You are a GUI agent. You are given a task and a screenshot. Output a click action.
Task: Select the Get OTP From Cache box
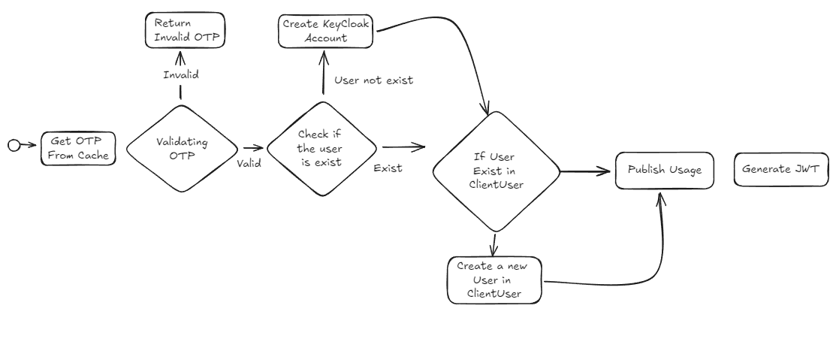78,147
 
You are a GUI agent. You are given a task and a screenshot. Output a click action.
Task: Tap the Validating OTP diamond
180,147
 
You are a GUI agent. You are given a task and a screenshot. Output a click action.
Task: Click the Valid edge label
249,163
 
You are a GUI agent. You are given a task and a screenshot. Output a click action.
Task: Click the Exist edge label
388,168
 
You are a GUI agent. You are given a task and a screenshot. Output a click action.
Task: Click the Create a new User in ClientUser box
493,280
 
